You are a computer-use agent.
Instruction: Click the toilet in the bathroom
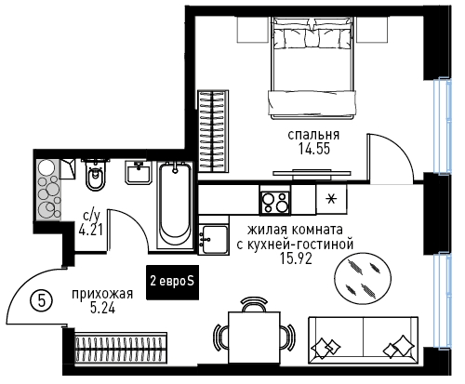pos(96,175)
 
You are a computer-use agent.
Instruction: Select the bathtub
pos(175,205)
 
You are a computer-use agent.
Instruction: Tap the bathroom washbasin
pos(139,173)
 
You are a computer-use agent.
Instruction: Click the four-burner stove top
pos(275,203)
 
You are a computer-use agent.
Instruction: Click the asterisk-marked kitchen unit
pos(331,199)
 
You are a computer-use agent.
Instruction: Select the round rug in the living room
pos(363,278)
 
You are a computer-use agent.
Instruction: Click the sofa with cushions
pos(363,338)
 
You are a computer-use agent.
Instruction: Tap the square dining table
pos(254,338)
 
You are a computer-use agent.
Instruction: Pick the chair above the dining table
pos(254,304)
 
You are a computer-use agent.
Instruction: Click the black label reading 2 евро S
pos(172,282)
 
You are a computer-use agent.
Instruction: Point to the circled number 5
pos(41,299)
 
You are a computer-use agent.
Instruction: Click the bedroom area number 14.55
pos(314,149)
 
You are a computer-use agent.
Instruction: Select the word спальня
pos(313,135)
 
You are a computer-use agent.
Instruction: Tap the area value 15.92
pos(296,258)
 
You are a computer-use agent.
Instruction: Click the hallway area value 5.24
pos(102,309)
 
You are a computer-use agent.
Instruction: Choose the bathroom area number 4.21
pos(91,231)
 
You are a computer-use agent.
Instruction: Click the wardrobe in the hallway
pos(121,348)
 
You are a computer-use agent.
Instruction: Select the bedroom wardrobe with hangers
pos(213,131)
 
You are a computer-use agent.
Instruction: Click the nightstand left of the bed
pos(253,30)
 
